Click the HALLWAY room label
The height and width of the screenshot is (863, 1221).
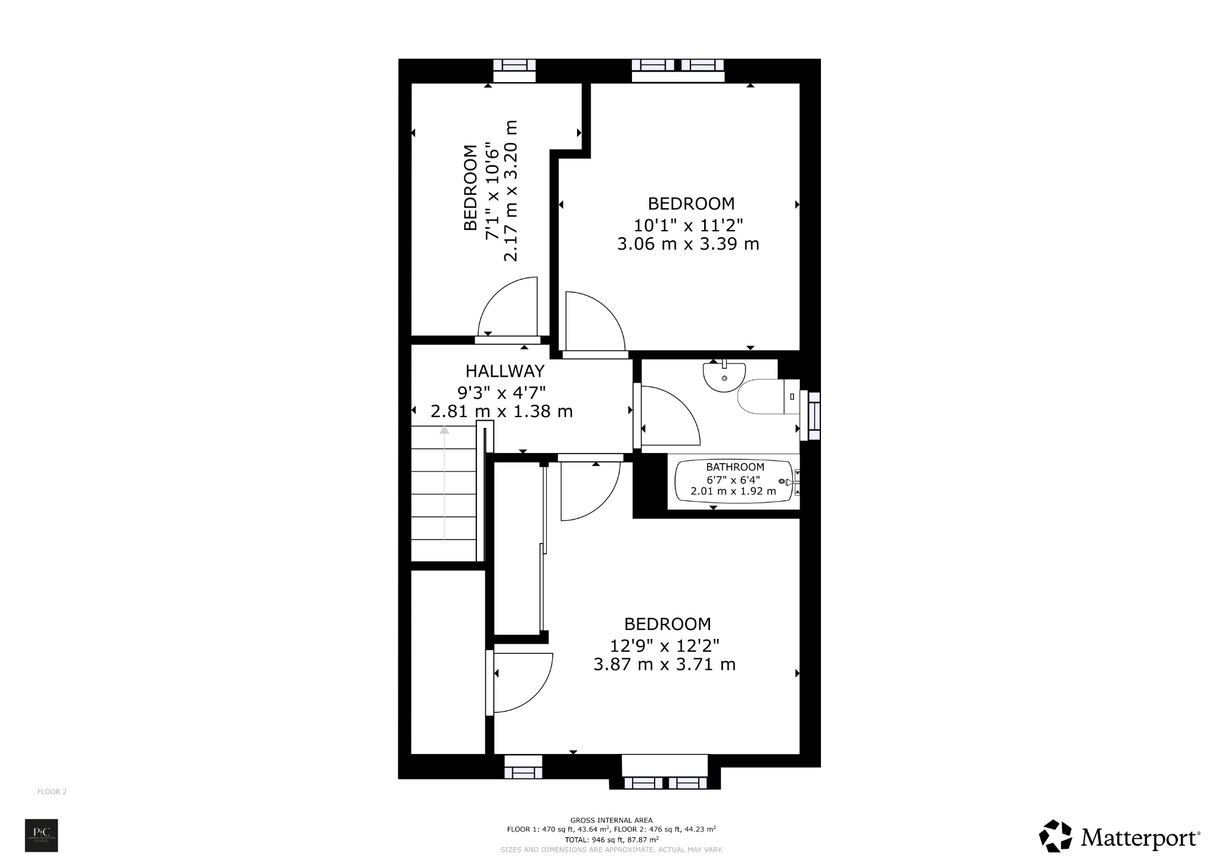pyautogui.click(x=504, y=371)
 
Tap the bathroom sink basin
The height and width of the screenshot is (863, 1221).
pyautogui.click(x=724, y=377)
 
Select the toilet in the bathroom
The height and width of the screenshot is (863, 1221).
pyautogui.click(x=765, y=396)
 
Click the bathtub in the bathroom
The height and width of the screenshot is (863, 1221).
pyautogui.click(x=735, y=481)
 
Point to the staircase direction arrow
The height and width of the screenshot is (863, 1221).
pyautogui.click(x=444, y=483)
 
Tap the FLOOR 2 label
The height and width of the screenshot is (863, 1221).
pyautogui.click(x=52, y=791)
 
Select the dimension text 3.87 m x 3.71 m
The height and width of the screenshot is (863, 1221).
pyautogui.click(x=664, y=664)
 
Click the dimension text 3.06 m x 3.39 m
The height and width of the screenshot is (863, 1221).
pyautogui.click(x=688, y=244)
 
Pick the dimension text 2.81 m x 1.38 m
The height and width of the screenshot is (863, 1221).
pyautogui.click(x=501, y=411)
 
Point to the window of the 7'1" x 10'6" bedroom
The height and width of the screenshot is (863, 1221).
pyautogui.click(x=514, y=70)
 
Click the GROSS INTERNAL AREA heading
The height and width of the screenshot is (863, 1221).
pyautogui.click(x=611, y=820)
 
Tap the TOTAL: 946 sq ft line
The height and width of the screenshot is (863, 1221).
pyautogui.click(x=611, y=839)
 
